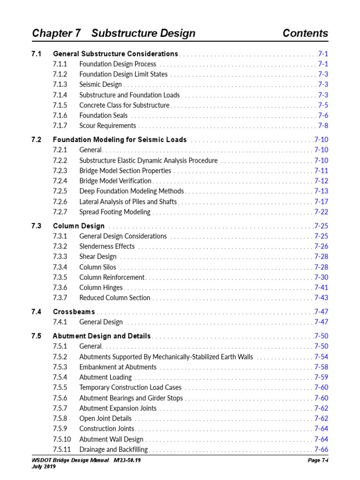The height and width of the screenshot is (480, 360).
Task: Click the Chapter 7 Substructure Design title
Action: click(113, 33)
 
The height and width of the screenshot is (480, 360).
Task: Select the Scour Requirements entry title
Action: click(108, 126)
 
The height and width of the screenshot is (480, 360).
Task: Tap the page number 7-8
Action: click(323, 126)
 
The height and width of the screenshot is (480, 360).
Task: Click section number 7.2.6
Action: click(60, 202)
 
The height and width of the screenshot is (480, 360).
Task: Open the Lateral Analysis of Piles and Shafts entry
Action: click(128, 202)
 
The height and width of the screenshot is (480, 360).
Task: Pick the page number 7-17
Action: click(321, 202)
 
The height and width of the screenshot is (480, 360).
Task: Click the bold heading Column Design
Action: click(79, 226)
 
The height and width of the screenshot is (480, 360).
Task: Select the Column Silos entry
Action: click(97, 267)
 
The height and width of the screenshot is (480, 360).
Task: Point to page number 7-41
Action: click(321, 287)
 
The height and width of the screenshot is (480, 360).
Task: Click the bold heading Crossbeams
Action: click(74, 312)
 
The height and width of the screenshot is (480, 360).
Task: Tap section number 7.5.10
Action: click(62, 439)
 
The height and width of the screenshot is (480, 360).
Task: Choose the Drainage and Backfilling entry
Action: click(113, 450)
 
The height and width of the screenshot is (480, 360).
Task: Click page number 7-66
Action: click(321, 450)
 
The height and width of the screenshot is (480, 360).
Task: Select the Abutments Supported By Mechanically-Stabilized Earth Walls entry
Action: click(166, 357)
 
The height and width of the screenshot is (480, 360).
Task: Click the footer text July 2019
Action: click(44, 467)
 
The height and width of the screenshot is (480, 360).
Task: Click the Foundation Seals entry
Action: click(103, 115)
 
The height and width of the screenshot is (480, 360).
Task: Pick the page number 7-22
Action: click(321, 212)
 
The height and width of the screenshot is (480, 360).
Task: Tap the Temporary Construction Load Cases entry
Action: click(130, 388)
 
